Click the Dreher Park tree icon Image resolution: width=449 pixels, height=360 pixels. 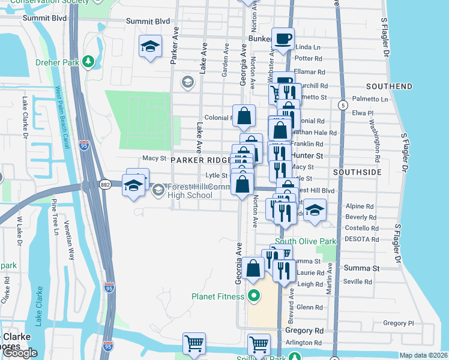(88, 62)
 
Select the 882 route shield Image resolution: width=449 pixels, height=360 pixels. (105, 185)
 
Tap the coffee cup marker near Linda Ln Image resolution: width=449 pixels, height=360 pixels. (283, 40)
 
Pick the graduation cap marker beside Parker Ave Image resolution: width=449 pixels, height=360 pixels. (150, 47)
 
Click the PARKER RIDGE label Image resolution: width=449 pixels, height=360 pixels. (201, 160)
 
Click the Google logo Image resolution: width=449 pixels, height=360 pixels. (20, 352)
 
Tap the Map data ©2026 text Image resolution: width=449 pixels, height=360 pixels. (423, 355)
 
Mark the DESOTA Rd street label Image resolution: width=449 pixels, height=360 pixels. (360, 238)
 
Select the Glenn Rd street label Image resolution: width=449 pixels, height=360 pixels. (310, 307)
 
